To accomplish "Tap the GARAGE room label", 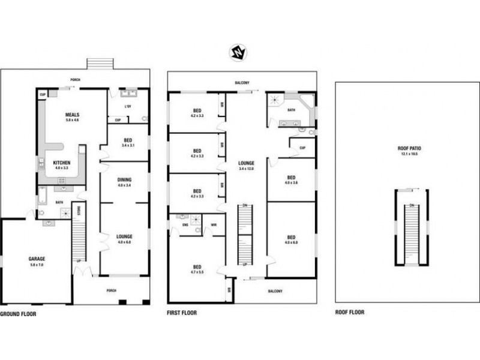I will click(36, 259).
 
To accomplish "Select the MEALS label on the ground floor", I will click(73, 114).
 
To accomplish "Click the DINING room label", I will click(124, 179).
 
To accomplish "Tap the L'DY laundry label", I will click(127, 107).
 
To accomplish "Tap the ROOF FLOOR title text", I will click(349, 312).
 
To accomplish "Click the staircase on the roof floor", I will click(411, 231).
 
